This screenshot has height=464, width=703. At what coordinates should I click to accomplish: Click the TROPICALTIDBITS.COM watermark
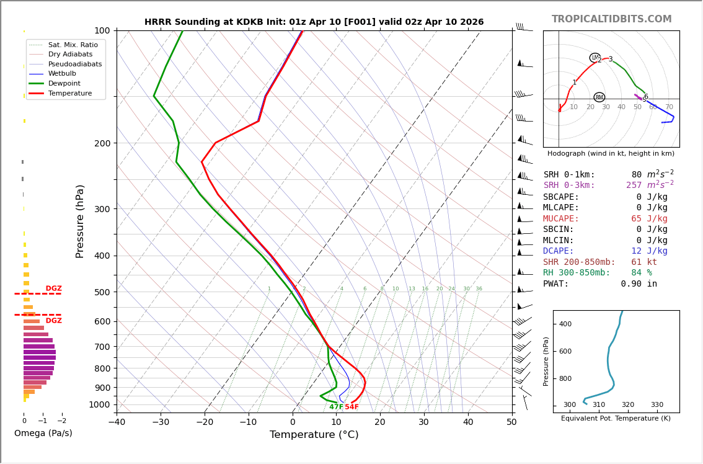tap(611, 19)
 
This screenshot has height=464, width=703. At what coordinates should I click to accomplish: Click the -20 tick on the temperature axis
tap(205, 422)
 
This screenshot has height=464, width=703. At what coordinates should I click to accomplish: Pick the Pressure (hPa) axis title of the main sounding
tap(80, 221)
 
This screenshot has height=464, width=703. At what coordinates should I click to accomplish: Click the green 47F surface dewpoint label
tap(336, 407)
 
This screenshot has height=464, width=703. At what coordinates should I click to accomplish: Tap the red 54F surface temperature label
tap(351, 407)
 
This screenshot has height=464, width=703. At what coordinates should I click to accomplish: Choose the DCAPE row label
tap(559, 251)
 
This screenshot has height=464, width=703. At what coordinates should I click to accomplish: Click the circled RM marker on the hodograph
tap(599, 97)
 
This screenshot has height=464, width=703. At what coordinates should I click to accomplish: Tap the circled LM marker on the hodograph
tap(595, 58)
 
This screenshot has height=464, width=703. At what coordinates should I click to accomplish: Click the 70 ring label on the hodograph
tap(669, 107)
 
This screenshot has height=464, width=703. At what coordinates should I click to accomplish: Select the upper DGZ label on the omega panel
tap(53, 288)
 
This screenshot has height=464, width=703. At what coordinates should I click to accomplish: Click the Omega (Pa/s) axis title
tap(43, 434)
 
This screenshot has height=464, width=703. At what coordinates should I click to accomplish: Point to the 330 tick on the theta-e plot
tap(657, 405)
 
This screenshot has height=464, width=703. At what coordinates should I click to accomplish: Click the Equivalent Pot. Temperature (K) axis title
tap(616, 419)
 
